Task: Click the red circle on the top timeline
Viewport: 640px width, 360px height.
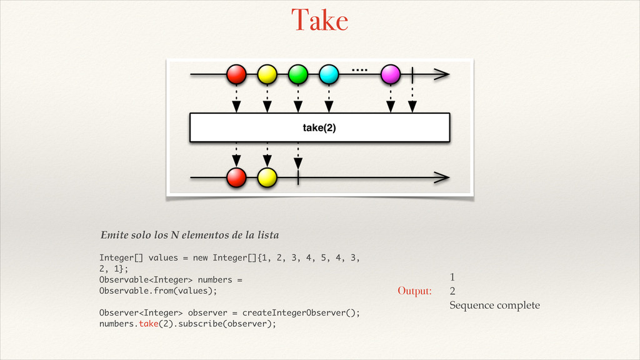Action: coord(236,74)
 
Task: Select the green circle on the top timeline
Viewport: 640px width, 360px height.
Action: coord(298,74)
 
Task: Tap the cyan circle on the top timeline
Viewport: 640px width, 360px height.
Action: coord(329,74)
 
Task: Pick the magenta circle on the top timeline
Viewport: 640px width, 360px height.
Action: coord(391,74)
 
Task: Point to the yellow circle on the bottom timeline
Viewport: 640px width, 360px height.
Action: coord(267,177)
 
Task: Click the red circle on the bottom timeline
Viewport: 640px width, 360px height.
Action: coord(236,177)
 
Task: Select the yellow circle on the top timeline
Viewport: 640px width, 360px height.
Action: coord(267,74)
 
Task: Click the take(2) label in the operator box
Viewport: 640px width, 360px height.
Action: coord(319,127)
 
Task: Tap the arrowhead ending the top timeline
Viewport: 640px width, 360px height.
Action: coord(442,74)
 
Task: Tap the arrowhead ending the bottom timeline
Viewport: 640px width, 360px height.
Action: coord(442,177)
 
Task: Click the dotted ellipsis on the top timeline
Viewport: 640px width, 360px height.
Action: coord(359,70)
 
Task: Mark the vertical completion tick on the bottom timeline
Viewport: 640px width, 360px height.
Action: coord(298,177)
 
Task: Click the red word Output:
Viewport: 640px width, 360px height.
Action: coord(415,291)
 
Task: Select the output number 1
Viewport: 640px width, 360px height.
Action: coord(452,277)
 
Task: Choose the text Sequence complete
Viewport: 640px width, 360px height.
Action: coord(495,305)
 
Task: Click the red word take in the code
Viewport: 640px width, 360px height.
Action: coord(149,324)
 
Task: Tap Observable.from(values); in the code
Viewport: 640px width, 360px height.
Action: coord(158,291)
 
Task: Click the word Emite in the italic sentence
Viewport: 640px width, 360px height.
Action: coord(114,235)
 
